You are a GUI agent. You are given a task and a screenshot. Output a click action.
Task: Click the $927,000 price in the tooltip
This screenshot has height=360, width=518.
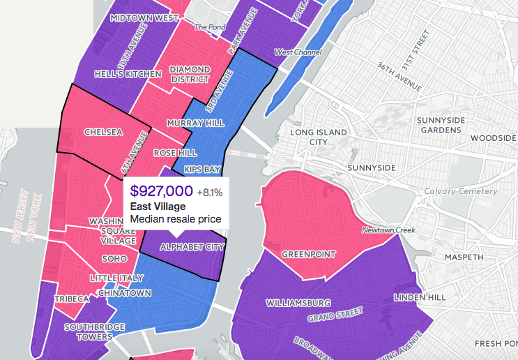161,191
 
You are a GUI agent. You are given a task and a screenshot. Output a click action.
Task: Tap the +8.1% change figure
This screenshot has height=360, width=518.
209,192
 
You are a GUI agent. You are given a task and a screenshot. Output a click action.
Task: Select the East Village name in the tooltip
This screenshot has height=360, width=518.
158,207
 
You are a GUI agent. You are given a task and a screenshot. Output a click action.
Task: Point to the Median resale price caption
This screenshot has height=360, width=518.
176,219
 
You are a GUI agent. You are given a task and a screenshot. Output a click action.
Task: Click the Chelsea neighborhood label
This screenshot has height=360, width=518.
102,132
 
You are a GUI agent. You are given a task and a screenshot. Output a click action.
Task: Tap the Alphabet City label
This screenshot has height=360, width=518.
192,247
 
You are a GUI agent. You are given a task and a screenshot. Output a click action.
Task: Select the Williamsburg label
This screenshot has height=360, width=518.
298,303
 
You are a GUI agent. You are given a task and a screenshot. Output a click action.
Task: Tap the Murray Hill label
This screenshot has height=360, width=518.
195,123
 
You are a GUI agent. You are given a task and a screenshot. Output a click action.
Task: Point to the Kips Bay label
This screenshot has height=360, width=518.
202,170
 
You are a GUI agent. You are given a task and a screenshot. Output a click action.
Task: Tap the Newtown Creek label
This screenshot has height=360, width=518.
388,230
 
